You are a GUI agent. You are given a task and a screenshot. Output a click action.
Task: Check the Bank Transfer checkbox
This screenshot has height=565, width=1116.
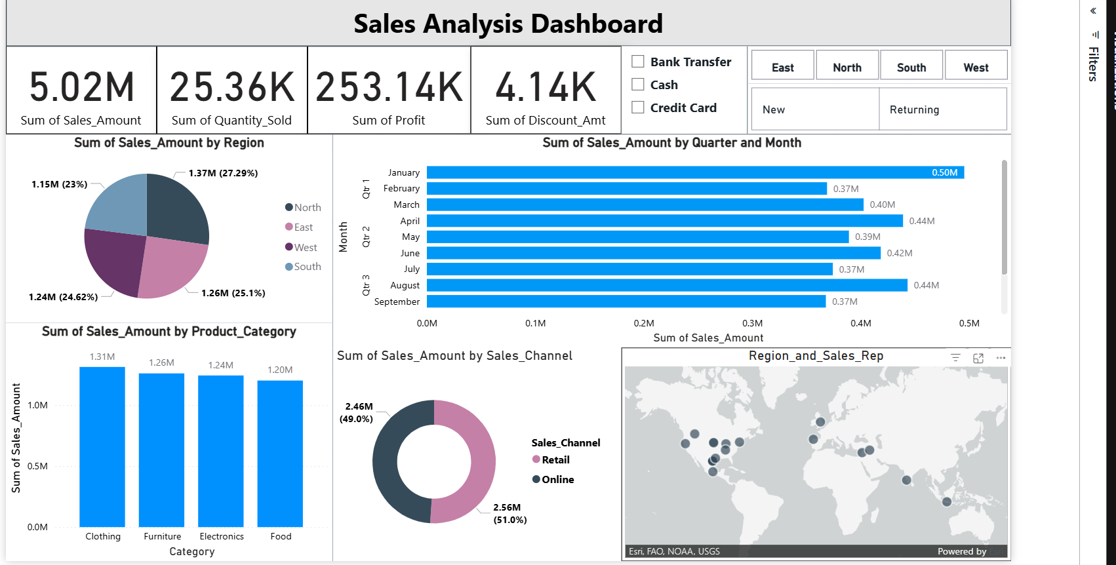[x=638, y=62]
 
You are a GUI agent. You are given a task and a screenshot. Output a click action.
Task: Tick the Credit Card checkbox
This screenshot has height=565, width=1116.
[x=638, y=107]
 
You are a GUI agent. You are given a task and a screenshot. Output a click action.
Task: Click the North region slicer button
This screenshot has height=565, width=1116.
[x=847, y=67]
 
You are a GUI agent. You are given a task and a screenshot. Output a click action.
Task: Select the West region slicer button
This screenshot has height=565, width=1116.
[x=975, y=67]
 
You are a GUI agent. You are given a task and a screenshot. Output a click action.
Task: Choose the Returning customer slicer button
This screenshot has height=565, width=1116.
[x=942, y=109]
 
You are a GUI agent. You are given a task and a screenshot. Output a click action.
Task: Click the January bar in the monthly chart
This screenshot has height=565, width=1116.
[x=695, y=172]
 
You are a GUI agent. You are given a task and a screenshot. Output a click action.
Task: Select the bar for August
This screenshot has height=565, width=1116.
[x=666, y=285]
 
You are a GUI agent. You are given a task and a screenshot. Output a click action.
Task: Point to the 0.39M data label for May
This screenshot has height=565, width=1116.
[x=867, y=237]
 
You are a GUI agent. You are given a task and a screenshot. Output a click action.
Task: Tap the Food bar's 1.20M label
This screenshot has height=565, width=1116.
[x=280, y=370]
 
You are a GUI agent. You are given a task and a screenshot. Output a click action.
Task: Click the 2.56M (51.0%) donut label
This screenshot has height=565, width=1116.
[x=509, y=513]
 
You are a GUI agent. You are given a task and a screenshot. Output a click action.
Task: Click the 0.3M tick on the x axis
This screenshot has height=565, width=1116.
[x=752, y=323]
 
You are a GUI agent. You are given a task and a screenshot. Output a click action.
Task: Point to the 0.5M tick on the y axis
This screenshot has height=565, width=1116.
[x=37, y=466]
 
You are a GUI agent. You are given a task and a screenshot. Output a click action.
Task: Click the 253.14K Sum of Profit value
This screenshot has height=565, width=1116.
[x=389, y=87]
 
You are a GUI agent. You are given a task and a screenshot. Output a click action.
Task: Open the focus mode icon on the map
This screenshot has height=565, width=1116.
[x=978, y=358]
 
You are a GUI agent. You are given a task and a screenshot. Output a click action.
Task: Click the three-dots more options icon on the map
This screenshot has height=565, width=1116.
[x=1001, y=358]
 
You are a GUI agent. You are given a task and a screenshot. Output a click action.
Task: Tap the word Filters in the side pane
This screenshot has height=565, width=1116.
[x=1093, y=64]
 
